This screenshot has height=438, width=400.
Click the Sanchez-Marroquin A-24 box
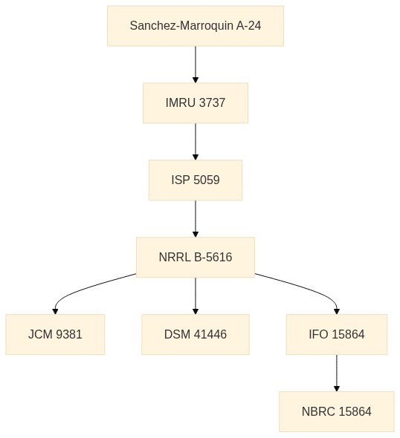196,26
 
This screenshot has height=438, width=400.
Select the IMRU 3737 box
196,102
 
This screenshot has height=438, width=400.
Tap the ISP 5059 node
196,180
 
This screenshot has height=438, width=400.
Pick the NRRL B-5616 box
196,257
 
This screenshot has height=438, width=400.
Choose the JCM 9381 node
55,334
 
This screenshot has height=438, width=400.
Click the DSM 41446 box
196,334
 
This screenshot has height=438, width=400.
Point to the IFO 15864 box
337,334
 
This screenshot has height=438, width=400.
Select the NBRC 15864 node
337,411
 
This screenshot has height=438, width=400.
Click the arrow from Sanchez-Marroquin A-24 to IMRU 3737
196,65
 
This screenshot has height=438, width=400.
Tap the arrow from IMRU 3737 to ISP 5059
196,141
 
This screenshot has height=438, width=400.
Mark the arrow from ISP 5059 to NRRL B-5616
196,218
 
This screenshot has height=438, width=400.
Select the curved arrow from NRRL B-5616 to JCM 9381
84,288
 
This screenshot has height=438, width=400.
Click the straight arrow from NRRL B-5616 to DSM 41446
196,295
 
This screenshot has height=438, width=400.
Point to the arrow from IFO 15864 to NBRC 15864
337,373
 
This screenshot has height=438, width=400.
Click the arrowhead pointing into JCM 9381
55,311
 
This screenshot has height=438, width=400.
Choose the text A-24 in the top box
248,26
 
